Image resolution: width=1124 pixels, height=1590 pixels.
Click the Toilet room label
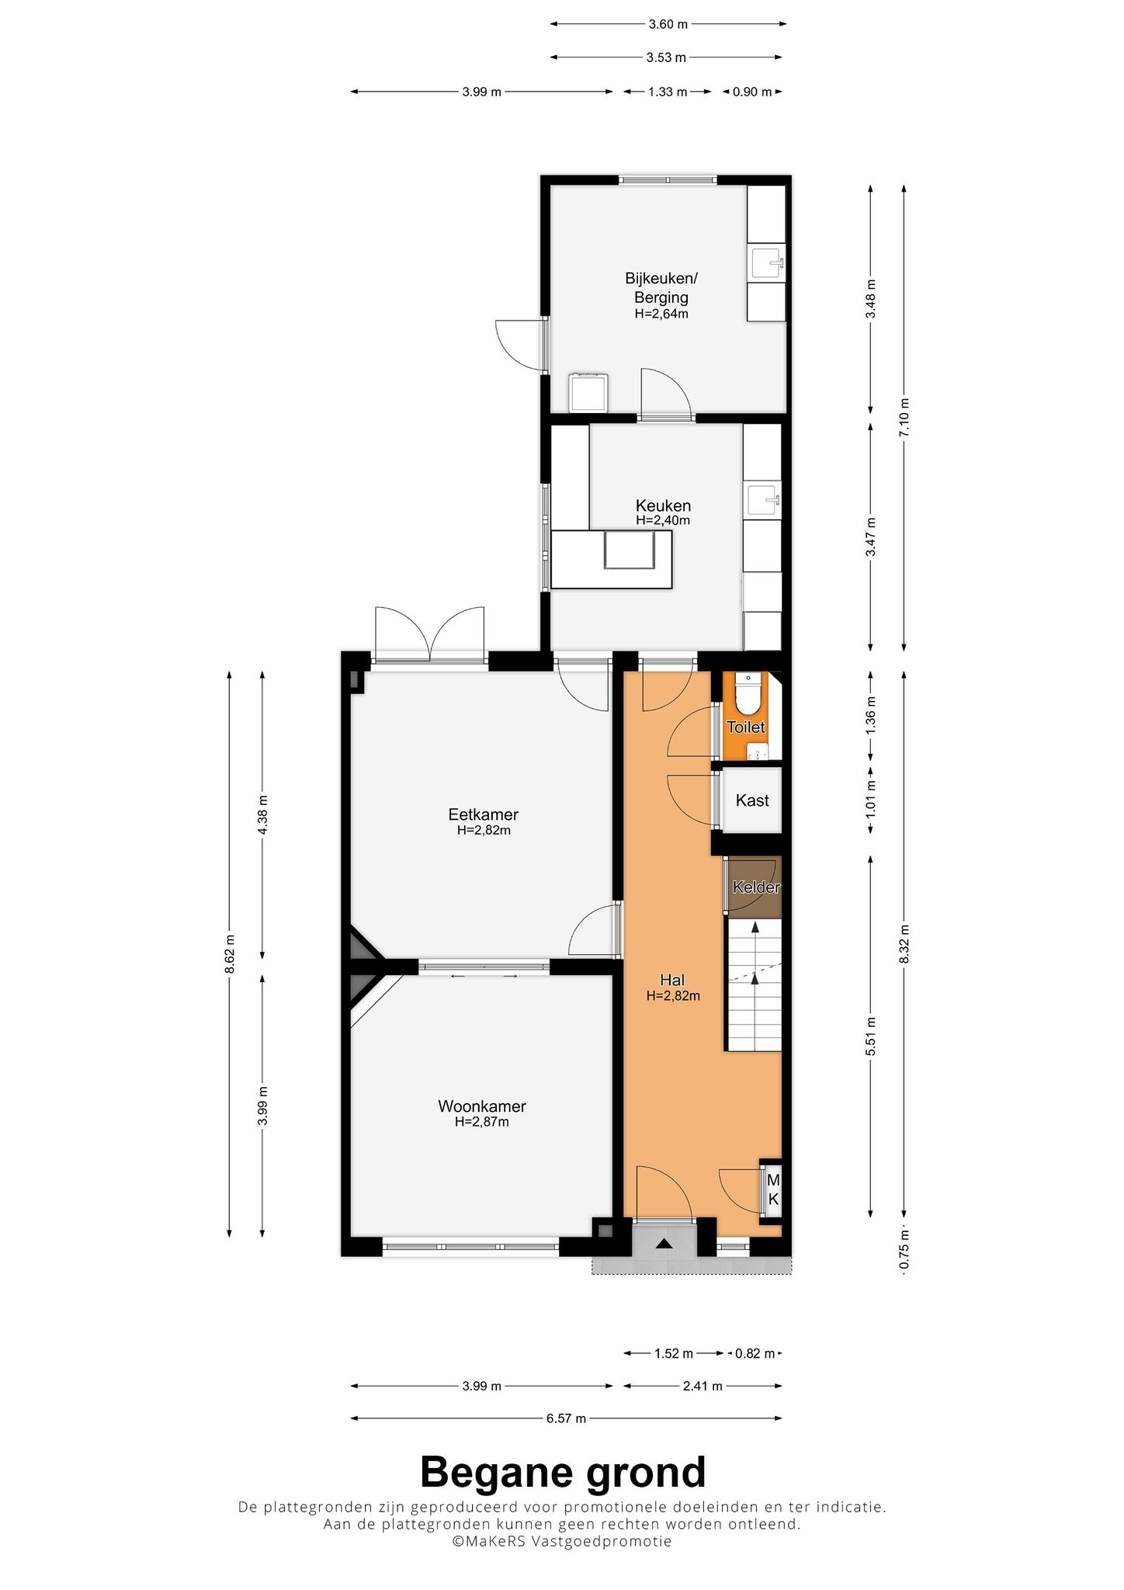[x=745, y=727]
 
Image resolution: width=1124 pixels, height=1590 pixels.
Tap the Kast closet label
[x=752, y=800]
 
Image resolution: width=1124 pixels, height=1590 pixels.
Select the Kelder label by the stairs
[x=756, y=887]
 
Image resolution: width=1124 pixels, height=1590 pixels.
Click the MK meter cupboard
[x=773, y=1189]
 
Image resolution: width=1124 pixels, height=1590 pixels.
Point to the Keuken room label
[x=663, y=506]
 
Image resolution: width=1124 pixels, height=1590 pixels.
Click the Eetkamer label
[x=483, y=814]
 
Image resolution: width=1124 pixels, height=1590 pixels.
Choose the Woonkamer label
[x=482, y=1106]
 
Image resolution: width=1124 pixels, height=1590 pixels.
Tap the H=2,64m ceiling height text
[x=661, y=314]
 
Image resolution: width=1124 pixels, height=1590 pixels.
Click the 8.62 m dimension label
[x=229, y=953]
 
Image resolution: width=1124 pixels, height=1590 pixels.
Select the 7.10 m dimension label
[x=904, y=417]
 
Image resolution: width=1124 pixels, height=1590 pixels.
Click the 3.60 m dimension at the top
[x=668, y=24]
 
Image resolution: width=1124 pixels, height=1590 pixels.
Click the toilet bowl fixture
[x=748, y=694]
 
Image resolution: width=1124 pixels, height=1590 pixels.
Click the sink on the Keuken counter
[x=765, y=502]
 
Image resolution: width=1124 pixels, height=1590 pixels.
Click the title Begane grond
[x=563, y=1472]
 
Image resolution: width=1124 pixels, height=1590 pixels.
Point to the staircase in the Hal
[x=754, y=984]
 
